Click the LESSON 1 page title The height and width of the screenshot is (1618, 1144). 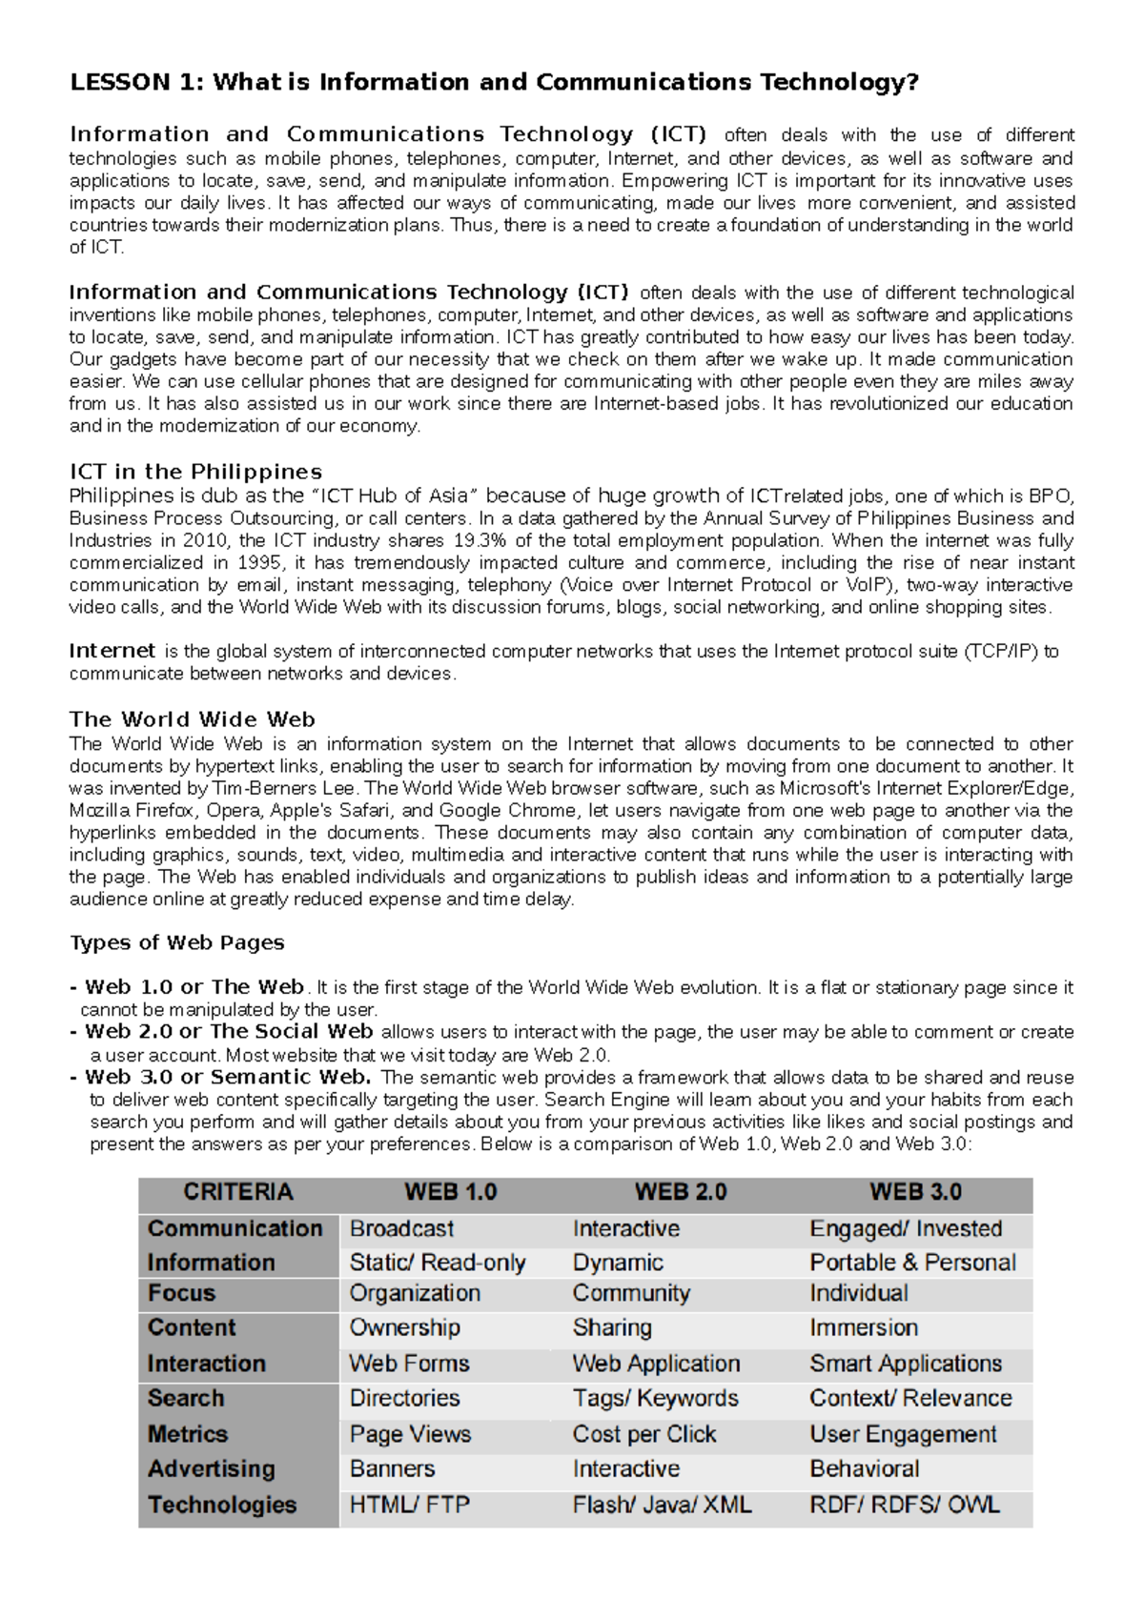(x=494, y=83)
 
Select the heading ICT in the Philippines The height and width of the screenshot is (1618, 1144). (x=195, y=473)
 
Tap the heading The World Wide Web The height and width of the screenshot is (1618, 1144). (x=192, y=720)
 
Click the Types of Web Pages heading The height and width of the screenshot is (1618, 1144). (x=177, y=943)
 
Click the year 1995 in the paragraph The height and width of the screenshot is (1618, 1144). (x=259, y=563)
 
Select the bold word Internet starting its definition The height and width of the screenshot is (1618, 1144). (x=112, y=652)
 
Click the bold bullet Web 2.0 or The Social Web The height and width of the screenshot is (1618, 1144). (x=229, y=1032)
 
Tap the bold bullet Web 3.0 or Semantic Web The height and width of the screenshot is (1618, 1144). (x=228, y=1078)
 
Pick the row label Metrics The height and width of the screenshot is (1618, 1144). (x=188, y=1435)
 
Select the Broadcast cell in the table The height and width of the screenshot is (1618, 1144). (x=401, y=1229)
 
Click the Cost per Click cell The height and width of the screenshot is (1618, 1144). (x=644, y=1435)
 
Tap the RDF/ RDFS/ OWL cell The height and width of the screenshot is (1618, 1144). (x=905, y=1506)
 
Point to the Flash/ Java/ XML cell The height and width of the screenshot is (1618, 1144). (x=662, y=1506)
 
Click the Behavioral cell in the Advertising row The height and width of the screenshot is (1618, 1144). (x=865, y=1469)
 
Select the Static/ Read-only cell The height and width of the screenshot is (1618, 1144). (x=438, y=1264)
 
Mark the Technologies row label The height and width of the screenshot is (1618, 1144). (x=222, y=1506)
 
